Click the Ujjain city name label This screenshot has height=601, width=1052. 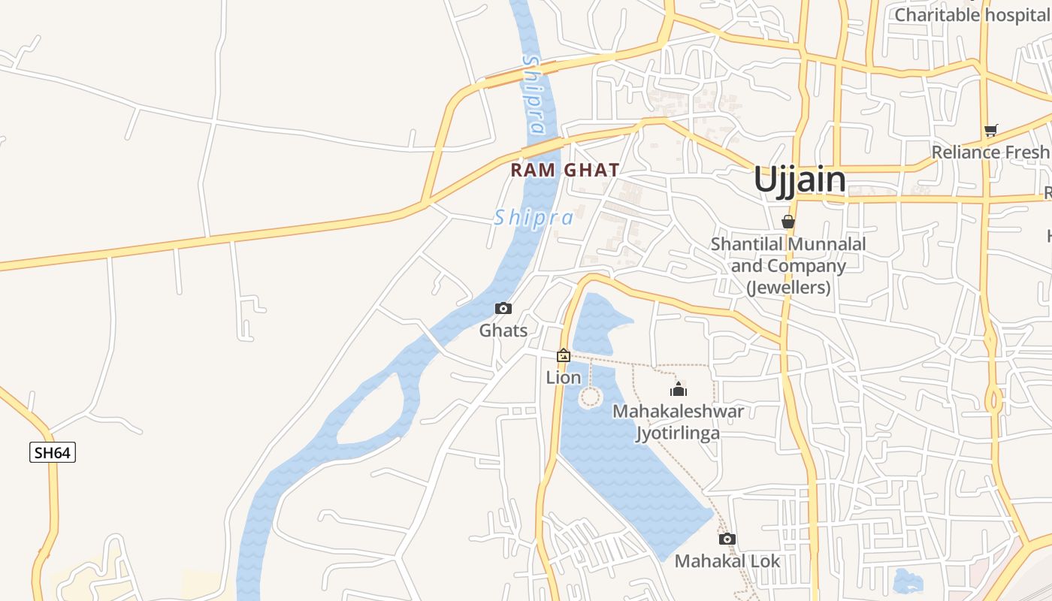click(800, 180)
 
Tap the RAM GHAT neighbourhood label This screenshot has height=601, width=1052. click(565, 171)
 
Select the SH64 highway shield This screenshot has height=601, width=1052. click(53, 452)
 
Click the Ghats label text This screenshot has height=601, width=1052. click(503, 331)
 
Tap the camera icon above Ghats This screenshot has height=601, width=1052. click(503, 309)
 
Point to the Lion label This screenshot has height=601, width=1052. click(564, 377)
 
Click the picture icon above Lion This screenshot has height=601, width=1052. click(564, 355)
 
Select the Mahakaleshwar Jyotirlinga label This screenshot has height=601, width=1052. click(678, 422)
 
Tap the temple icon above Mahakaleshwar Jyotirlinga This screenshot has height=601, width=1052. click(679, 389)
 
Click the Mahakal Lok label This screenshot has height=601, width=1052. click(727, 561)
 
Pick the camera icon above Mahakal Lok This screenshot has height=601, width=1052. click(727, 539)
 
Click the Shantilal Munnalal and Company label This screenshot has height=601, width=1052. click(788, 266)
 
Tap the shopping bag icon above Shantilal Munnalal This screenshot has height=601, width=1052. click(788, 222)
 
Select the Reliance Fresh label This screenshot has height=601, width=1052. click(990, 153)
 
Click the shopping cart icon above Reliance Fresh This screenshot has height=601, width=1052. click(991, 131)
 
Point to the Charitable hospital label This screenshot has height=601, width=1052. click(972, 14)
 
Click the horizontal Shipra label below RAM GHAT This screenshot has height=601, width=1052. click(534, 219)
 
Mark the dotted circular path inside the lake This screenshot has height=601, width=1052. click(591, 397)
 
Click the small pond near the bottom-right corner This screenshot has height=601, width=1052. click(908, 581)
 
